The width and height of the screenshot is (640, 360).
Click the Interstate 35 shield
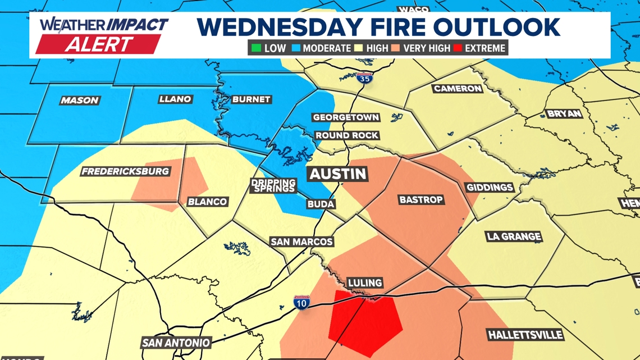[364, 78]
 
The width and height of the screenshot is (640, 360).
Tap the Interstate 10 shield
[301, 303]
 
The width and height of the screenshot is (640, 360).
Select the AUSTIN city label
[338, 174]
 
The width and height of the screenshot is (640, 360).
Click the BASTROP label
[421, 200]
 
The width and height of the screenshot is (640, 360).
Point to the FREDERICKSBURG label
[125, 171]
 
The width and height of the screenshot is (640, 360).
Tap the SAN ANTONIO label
[176, 343]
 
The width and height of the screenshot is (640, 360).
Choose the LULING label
[365, 283]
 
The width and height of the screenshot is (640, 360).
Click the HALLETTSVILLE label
[525, 335]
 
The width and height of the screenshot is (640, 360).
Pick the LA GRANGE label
[514, 236]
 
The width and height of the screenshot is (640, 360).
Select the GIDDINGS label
[490, 187]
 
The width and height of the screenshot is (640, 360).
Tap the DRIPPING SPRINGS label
[273, 185]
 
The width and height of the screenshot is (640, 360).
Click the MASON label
[80, 100]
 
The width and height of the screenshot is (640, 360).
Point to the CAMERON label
[458, 89]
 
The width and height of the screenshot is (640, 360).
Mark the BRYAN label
[564, 113]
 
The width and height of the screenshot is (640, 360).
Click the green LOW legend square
[256, 48]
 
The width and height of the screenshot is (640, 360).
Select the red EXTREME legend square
[458, 48]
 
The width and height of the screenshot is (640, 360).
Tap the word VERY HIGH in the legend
[427, 48]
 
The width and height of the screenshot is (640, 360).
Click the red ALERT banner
[98, 44]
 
